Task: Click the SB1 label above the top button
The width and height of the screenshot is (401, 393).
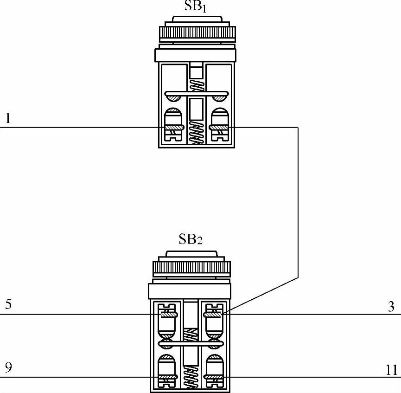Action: click(197, 6)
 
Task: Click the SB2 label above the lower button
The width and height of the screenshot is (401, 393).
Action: click(191, 239)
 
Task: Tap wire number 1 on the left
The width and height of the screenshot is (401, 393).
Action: click(7, 119)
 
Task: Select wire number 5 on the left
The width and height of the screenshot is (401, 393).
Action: click(8, 305)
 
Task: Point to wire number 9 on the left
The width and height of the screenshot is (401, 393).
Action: click(8, 368)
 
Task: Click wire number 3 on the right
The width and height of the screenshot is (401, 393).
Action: click(391, 306)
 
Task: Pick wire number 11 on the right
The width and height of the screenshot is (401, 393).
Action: click(392, 370)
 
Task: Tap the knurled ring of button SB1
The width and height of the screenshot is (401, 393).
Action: click(197, 33)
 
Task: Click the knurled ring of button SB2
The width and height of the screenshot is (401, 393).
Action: click(191, 268)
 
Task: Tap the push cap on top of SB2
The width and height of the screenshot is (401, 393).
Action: click(191, 255)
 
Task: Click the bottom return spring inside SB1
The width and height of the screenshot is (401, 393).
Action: click(197, 133)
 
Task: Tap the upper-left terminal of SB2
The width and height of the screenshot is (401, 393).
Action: click(167, 314)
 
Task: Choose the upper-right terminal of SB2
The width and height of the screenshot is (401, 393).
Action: click(214, 314)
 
